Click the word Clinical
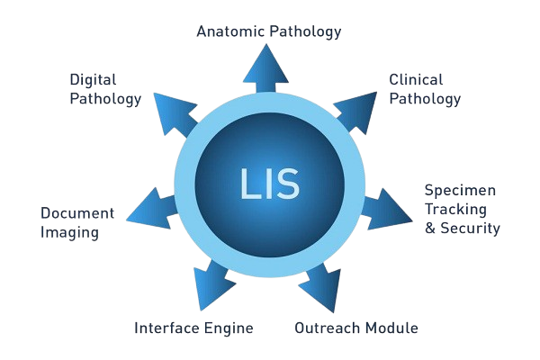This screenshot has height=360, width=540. click(x=417, y=80)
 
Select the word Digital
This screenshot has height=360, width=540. click(x=93, y=80)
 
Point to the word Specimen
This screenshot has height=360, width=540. click(x=460, y=191)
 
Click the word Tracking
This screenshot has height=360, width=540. click(x=456, y=210)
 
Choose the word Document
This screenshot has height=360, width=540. click(x=77, y=213)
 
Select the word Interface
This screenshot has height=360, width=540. click(x=166, y=328)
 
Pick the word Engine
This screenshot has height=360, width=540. click(x=229, y=328)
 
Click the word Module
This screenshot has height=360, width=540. click(x=391, y=328)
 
